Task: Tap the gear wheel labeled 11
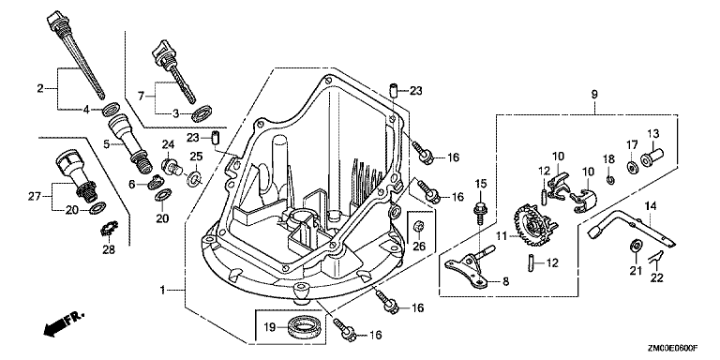[x=532, y=226]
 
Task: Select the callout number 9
[x=594, y=95]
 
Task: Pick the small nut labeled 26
[x=419, y=226]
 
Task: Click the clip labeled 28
[x=110, y=228]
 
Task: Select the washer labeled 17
[x=631, y=166]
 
